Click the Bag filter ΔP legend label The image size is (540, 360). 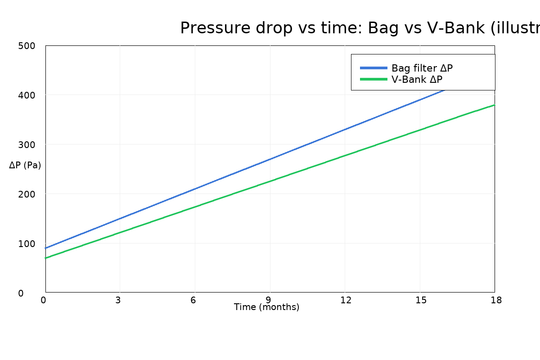tap(422, 68)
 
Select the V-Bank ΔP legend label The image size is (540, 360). tap(417, 80)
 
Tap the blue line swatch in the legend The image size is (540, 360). tap(373, 68)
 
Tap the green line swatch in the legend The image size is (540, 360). tap(373, 80)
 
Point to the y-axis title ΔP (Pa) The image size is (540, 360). tap(25, 165)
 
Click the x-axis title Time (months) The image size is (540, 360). tap(266, 307)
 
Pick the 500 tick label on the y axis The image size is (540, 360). tap(27, 45)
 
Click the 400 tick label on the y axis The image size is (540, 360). tap(27, 95)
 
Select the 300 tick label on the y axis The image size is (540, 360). tap(27, 144)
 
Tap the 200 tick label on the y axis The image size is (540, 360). tap(27, 194)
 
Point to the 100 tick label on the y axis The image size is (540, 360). tap(27, 243)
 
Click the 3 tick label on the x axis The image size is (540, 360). tap(118, 300)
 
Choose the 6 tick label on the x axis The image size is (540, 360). tap(193, 300)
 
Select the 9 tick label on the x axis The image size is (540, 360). tap(268, 300)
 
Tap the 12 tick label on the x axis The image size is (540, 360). tap(346, 300)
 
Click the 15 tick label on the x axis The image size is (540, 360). tap(421, 300)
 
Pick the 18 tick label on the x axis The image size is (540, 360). tap(496, 300)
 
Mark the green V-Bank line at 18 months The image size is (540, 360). tap(494, 105)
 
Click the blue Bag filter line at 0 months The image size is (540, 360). tap(46, 248)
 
